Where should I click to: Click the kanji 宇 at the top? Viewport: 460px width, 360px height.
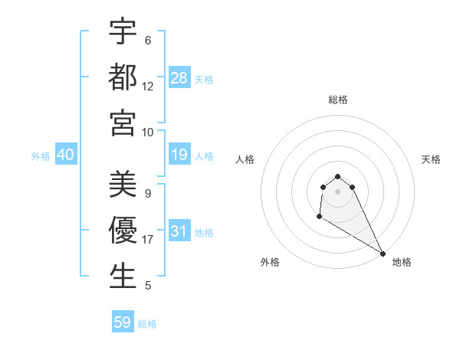[123, 32]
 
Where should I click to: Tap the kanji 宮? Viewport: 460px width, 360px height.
[123, 123]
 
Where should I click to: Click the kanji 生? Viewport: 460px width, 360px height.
[123, 277]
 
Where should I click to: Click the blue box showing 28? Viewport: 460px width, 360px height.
[179, 78]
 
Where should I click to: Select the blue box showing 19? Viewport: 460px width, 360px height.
[179, 155]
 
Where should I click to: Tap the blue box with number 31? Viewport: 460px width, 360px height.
[179, 231]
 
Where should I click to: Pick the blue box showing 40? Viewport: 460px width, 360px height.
[65, 155]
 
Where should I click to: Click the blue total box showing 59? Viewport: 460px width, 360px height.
[123, 322]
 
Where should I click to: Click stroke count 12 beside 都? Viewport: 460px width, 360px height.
[148, 87]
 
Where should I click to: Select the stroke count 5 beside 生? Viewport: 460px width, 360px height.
[148, 286]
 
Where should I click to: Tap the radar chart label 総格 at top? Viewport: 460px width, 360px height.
[338, 100]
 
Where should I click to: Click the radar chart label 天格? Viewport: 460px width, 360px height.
[432, 159]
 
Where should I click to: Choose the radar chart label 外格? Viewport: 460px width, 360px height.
[270, 262]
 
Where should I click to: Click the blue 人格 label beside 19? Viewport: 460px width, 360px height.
[204, 156]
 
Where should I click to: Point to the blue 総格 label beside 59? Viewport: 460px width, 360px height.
[147, 323]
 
